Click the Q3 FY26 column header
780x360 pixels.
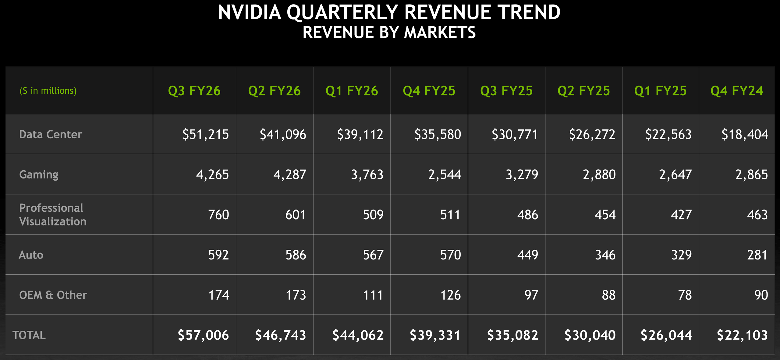click(x=194, y=91)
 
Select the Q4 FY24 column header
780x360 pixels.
click(x=736, y=91)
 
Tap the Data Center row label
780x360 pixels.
click(x=51, y=134)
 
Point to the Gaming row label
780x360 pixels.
click(x=39, y=175)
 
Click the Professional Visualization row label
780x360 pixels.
click(x=52, y=214)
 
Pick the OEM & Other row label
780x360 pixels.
click(x=53, y=295)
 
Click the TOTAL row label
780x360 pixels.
click(x=29, y=335)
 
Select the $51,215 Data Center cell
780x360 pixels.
click(x=205, y=134)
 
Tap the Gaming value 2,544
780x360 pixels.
click(x=444, y=175)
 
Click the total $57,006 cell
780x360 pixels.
click(x=203, y=335)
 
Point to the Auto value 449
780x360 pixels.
click(x=527, y=255)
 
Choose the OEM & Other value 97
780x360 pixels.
click(x=531, y=295)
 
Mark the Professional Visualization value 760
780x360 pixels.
click(x=218, y=215)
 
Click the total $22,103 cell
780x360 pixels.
click(x=742, y=335)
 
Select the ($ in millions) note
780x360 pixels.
click(x=48, y=91)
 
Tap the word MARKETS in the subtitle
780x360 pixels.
click(x=440, y=33)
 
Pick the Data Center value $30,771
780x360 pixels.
click(x=515, y=134)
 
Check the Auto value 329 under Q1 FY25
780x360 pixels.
click(x=681, y=255)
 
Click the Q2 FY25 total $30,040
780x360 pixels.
click(x=590, y=335)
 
